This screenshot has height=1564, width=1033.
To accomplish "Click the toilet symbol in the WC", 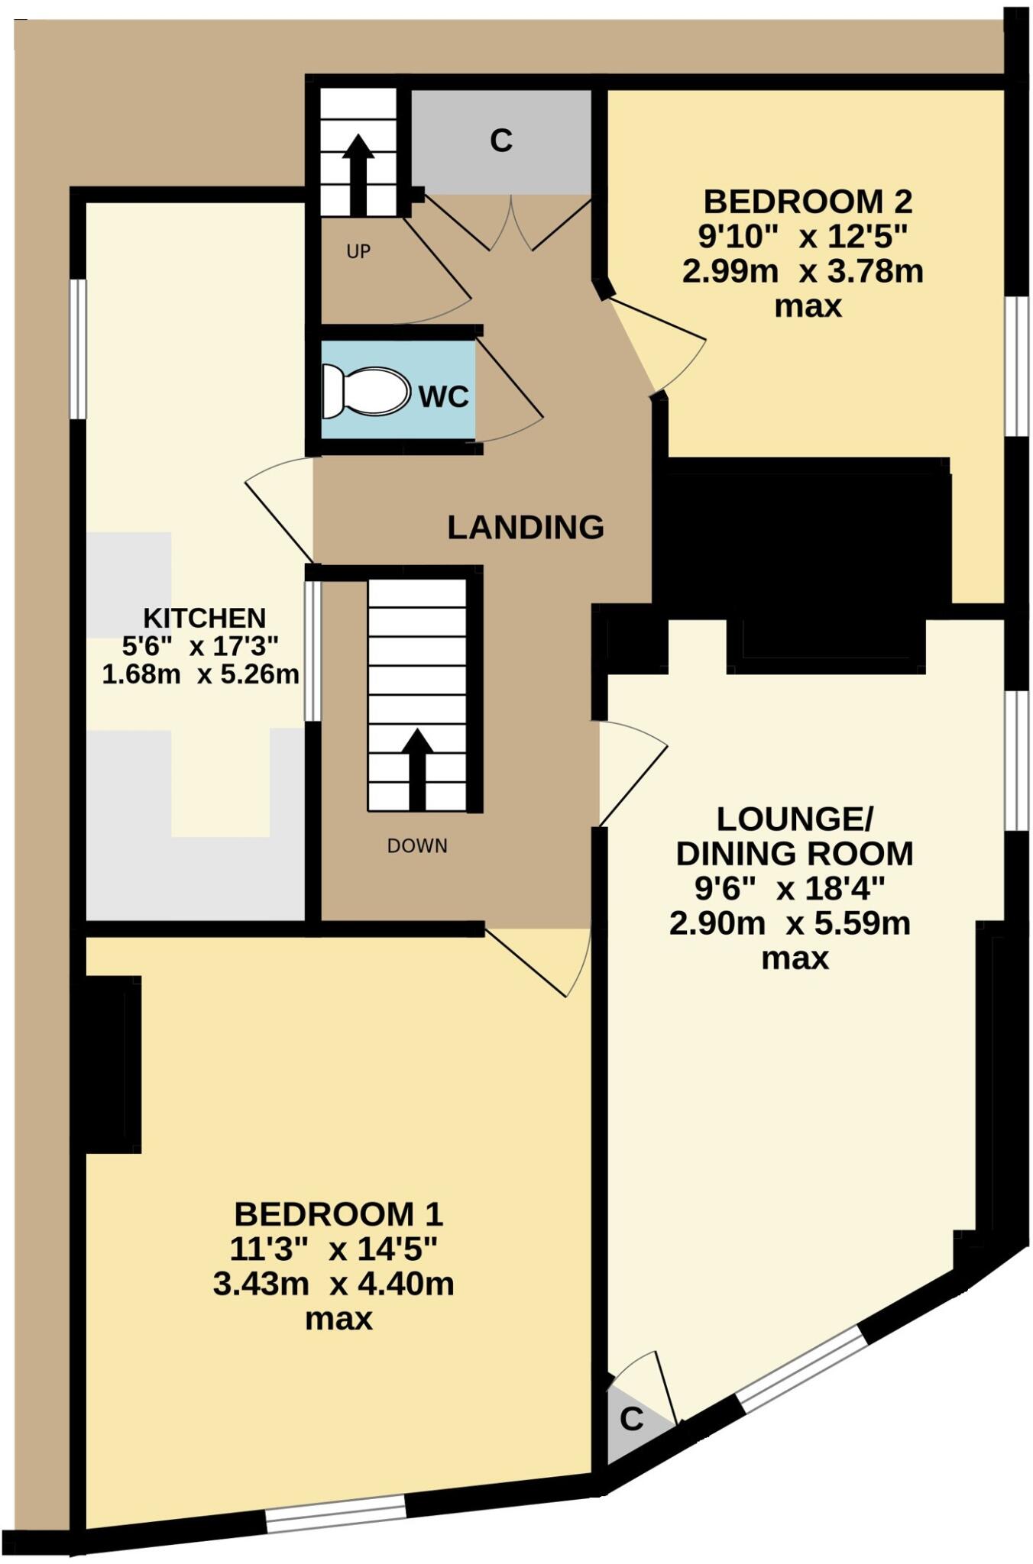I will pos(365,391).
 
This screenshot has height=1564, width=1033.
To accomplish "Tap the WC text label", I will pos(443,396).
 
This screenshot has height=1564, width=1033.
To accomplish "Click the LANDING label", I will pos(526,528).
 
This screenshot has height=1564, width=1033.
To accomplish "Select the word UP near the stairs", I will pos(358,251).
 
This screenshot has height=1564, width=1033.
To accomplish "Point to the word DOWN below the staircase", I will pos(417,845).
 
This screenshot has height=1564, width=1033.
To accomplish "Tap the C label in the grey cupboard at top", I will pos(501,141).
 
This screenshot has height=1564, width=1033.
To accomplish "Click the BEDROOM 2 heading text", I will pos(808,202).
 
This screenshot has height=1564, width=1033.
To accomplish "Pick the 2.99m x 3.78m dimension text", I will pos(802,271).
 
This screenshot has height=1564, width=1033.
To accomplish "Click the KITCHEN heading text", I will pos(205,617).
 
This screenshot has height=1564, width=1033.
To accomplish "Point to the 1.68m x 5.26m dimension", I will pos(200,674).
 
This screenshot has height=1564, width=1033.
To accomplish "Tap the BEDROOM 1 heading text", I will pos(338,1213).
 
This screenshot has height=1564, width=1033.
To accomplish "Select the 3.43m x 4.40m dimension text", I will pos(334,1284).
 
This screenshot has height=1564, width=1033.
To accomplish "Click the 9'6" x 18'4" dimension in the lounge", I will pos(789,888).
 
